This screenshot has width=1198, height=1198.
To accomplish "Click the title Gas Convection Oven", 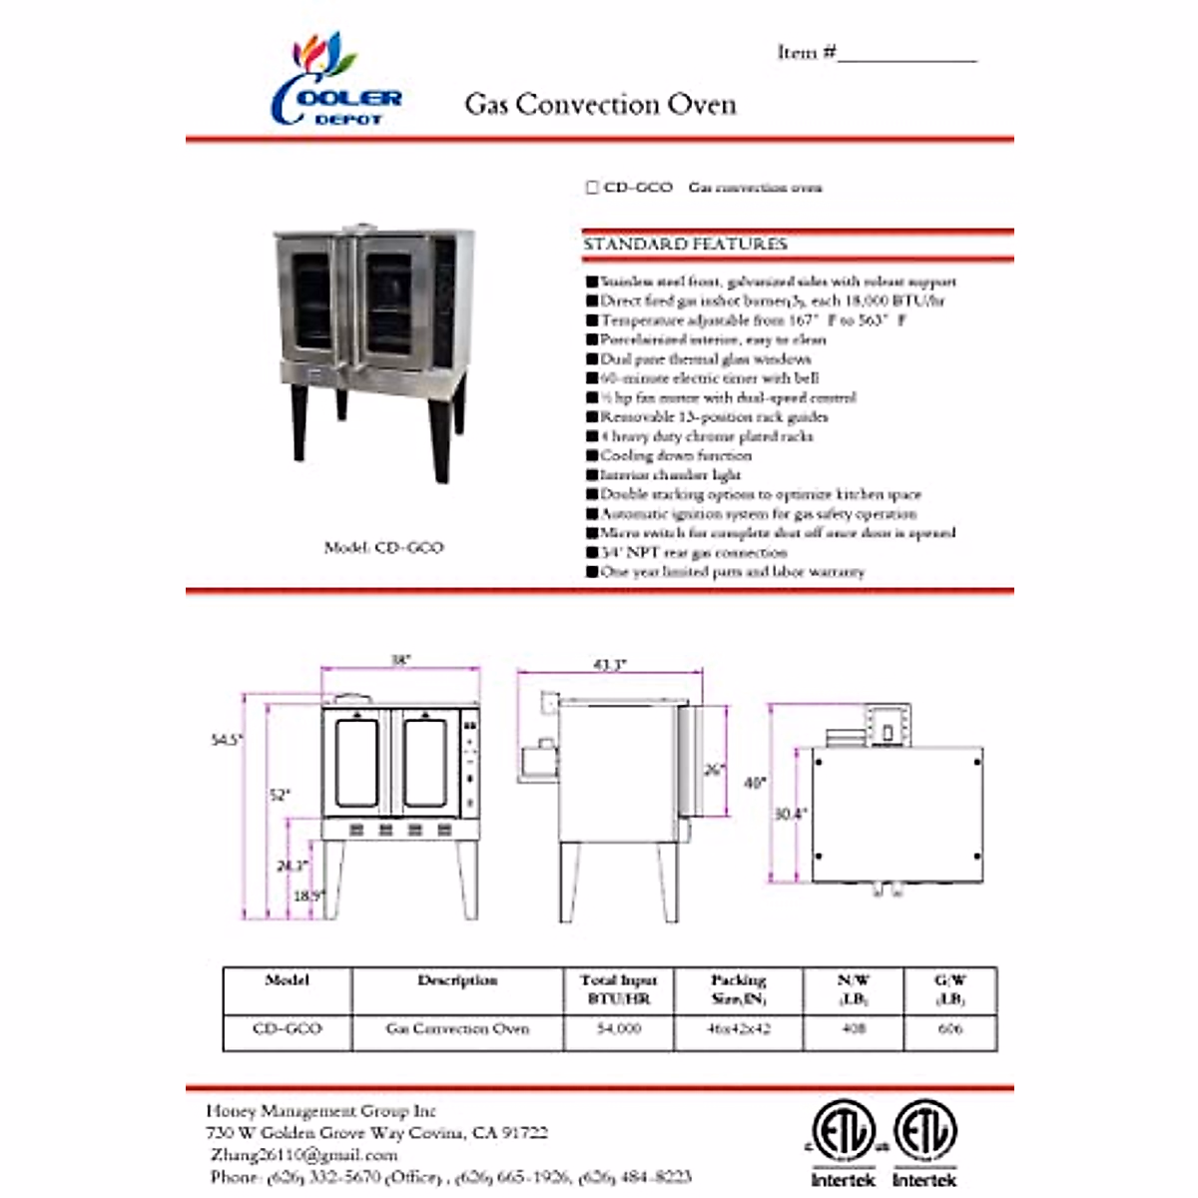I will point(600,105).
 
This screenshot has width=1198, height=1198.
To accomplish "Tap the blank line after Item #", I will point(906,55).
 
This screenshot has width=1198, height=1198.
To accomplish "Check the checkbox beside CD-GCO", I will point(592,188).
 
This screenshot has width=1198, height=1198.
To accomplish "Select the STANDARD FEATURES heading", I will point(685,245).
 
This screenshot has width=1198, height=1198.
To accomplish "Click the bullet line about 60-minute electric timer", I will point(709,378).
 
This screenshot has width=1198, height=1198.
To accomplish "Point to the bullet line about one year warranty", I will point(732,572).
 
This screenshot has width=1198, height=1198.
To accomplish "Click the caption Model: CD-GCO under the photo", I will point(383,547).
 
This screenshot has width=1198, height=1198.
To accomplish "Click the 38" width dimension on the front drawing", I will point(400,661).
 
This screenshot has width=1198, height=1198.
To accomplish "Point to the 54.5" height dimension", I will point(227,740).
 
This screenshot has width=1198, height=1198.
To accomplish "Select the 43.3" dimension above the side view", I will point(609,665).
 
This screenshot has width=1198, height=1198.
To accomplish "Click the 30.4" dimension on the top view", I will point(791,814).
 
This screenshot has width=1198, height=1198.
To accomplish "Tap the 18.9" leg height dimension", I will point(308,896).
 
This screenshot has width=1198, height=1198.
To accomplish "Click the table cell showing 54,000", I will point(619,1028).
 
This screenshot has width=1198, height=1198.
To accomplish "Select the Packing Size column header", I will point(739,989).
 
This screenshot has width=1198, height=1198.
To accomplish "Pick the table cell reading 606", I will point(950,1028).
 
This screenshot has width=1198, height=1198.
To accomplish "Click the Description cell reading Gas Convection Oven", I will point(457,1028).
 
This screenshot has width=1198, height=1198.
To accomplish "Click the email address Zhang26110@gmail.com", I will point(304,1155).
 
